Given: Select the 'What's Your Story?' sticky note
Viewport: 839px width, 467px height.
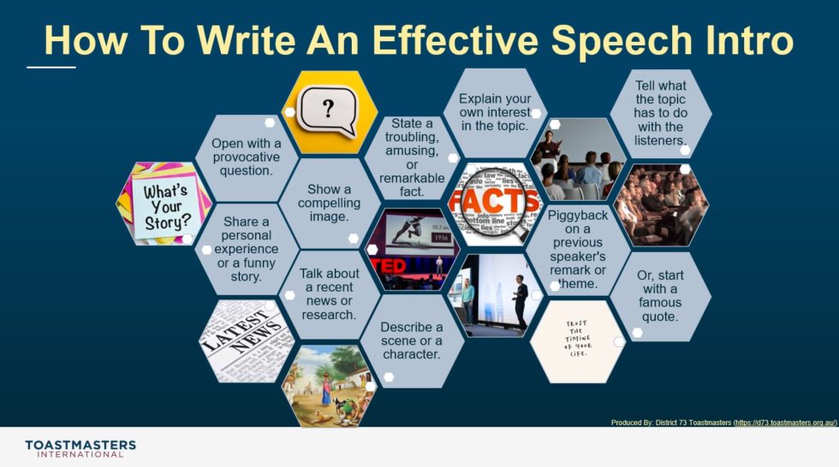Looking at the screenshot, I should pyautogui.click(x=165, y=204).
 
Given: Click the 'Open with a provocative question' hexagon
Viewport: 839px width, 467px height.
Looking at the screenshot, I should pyautogui.click(x=247, y=156).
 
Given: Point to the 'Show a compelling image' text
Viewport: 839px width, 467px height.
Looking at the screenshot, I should pyautogui.click(x=330, y=203).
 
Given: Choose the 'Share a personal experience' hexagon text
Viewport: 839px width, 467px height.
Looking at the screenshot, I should pyautogui.click(x=247, y=249).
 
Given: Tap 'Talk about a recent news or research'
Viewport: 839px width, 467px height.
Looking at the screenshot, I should pyautogui.click(x=330, y=293).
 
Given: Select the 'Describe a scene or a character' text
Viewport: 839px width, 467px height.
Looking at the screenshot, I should pyautogui.click(x=412, y=340).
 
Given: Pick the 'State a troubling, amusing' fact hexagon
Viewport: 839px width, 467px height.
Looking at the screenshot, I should pyautogui.click(x=412, y=157).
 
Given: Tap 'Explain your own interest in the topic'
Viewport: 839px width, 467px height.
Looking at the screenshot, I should pyautogui.click(x=495, y=112).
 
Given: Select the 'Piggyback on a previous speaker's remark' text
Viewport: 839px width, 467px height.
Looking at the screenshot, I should pyautogui.click(x=578, y=249).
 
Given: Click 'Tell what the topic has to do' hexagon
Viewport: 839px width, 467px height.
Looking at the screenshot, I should pyautogui.click(x=660, y=112).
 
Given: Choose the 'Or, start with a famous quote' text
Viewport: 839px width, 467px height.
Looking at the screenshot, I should pyautogui.click(x=660, y=295).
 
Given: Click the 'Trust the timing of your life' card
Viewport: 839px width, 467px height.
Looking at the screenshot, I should pyautogui.click(x=576, y=340).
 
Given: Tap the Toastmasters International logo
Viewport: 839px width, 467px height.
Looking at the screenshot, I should pyautogui.click(x=80, y=448).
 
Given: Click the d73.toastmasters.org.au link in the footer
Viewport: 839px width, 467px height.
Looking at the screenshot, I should pyautogui.click(x=788, y=423).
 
